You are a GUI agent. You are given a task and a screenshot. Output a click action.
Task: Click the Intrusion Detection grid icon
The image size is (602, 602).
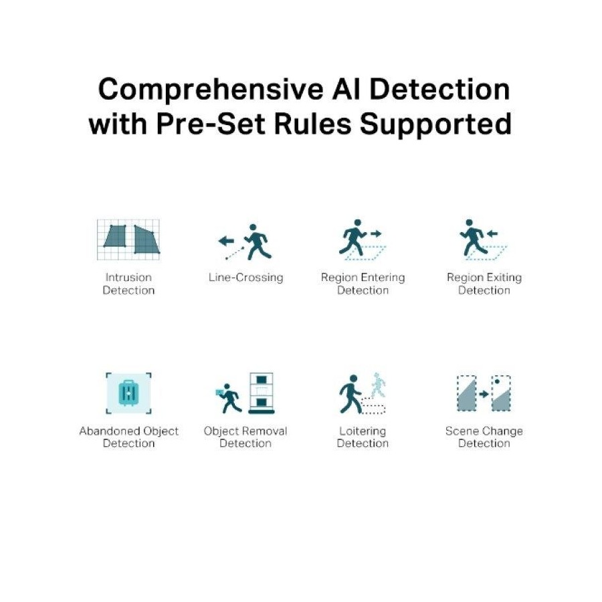click(x=128, y=239)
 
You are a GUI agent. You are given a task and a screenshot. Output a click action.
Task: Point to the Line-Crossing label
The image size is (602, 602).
click(x=245, y=277)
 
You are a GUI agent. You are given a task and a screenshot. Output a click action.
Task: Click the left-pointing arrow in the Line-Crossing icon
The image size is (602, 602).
click(x=226, y=241)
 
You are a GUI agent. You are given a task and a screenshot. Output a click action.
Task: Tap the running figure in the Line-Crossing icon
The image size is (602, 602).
click(x=258, y=241)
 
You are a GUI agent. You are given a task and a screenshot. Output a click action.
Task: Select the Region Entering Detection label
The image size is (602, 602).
click(x=363, y=284)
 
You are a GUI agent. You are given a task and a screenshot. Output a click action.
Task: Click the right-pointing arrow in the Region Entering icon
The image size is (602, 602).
click(x=375, y=233)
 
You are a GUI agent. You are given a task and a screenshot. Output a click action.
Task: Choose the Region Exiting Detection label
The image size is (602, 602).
click(x=484, y=284)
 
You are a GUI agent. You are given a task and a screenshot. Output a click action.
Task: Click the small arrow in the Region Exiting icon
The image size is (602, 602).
click(x=492, y=233)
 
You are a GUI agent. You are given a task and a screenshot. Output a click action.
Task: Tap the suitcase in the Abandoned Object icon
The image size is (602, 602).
click(x=128, y=393)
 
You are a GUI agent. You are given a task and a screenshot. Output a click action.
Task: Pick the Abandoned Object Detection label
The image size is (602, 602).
click(x=128, y=437)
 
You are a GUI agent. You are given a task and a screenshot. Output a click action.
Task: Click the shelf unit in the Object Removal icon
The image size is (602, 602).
click(x=262, y=393)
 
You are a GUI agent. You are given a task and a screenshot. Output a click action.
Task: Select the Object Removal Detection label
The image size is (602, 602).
click(x=245, y=437)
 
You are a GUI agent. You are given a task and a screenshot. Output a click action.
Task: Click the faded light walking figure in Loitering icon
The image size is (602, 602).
click(x=378, y=385)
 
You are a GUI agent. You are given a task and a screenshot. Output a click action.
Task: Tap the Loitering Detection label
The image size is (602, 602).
click(x=363, y=437)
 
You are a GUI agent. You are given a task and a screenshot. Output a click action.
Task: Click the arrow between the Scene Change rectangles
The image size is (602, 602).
click(x=484, y=394)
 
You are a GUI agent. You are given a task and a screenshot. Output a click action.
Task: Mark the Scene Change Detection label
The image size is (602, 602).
click(x=484, y=437)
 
